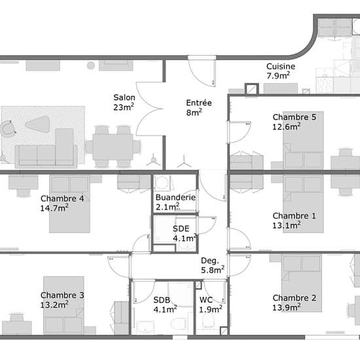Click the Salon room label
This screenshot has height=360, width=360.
[124, 102]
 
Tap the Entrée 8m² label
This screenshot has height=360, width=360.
[199, 107]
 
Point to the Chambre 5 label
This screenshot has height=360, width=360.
[295, 122]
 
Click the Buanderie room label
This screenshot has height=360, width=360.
[175, 202]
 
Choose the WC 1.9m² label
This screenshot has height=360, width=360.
[211, 304]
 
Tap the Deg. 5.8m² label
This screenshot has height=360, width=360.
[213, 265]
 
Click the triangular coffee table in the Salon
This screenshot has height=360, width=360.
[38, 124]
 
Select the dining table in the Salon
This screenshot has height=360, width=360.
[113, 147]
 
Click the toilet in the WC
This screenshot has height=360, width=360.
[208, 321]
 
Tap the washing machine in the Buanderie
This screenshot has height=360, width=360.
[162, 183]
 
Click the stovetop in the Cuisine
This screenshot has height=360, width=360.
[325, 84]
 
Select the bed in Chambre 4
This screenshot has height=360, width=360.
[69, 204]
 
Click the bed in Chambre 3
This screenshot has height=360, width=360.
[63, 306]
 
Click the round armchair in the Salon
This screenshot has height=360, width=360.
[7, 129]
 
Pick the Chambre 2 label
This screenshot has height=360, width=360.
[295, 302]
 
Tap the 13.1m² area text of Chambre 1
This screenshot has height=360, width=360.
[287, 225]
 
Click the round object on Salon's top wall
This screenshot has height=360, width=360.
[91, 65]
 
